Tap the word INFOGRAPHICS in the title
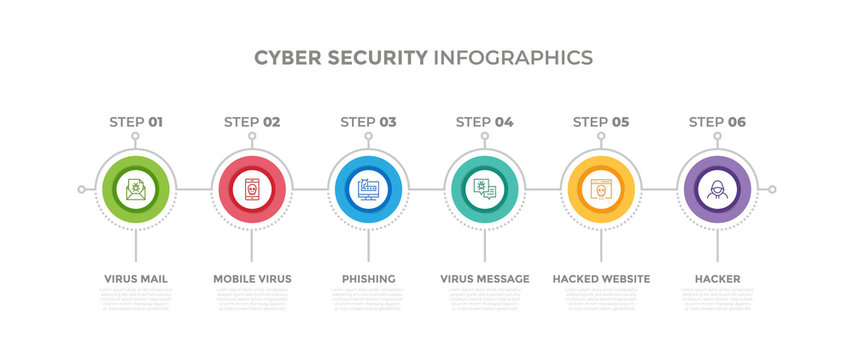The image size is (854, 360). [x=512, y=57]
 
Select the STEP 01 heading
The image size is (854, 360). [x=135, y=122]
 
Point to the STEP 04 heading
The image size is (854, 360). [x=484, y=122]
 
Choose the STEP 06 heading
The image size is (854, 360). [x=717, y=122]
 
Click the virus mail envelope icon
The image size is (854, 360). [x=135, y=188]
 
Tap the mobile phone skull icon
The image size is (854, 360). [x=252, y=188]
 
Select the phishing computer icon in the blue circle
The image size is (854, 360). [x=368, y=188]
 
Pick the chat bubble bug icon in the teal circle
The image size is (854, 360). [x=484, y=188]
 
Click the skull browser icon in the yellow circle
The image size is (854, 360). [x=601, y=188]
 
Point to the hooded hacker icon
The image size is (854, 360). [x=717, y=188]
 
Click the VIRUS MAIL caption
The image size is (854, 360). [x=135, y=278]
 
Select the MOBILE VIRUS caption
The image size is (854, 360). [x=252, y=278]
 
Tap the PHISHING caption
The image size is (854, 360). [x=368, y=278]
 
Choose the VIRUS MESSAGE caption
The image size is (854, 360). [x=484, y=278]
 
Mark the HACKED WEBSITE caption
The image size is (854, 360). [x=601, y=278]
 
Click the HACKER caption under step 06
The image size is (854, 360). [x=717, y=278]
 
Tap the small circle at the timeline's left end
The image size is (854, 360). [x=81, y=188]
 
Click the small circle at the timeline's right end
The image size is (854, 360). [x=772, y=188]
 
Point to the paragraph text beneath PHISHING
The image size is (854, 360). [x=368, y=299]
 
